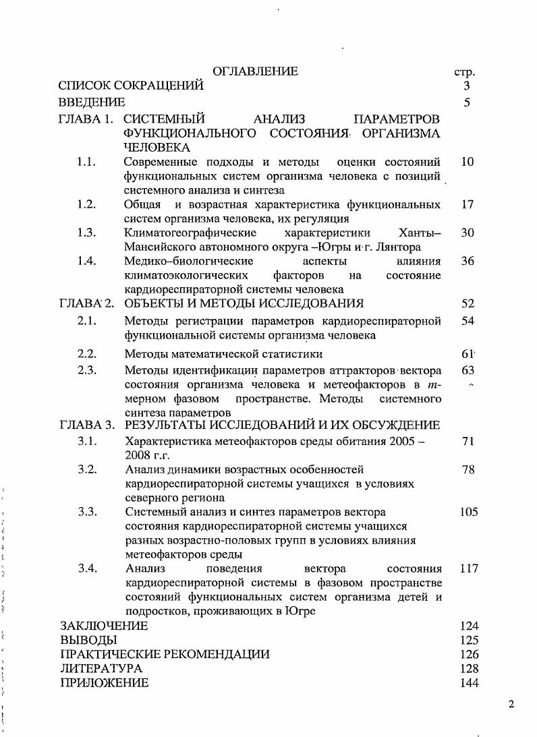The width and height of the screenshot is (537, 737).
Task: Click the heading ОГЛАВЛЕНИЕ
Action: point(255,71)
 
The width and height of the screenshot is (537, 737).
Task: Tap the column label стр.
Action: point(465,71)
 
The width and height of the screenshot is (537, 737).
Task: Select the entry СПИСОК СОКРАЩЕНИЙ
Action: point(131,86)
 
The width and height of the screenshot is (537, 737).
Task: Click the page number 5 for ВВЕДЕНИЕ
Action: point(467,102)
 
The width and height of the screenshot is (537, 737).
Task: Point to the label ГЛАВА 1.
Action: point(86,119)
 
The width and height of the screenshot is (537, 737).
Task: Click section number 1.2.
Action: point(87,204)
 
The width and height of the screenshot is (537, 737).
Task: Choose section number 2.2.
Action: point(87,353)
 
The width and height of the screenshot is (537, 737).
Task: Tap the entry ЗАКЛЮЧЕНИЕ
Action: point(104,626)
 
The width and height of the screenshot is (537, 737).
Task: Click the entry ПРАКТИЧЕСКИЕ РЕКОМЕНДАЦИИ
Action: point(165,654)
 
